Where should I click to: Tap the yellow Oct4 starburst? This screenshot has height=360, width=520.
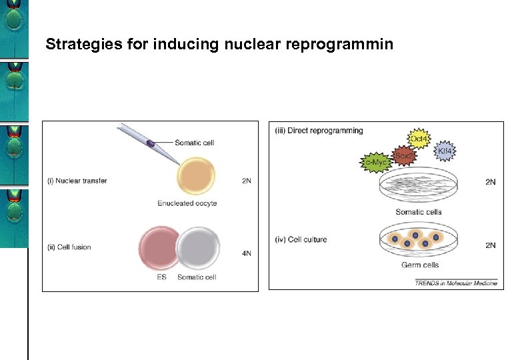coord(419,139)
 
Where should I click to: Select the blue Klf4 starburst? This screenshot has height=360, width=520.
coord(445,152)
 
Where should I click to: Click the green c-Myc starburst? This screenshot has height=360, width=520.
coord(374,162)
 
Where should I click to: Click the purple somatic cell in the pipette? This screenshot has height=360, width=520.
coord(151,143)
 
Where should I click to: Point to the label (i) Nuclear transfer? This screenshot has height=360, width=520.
coord(77,181)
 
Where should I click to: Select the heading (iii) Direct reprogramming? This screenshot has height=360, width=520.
coord(319,131)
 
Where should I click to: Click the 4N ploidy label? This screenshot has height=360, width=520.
coord(247,253)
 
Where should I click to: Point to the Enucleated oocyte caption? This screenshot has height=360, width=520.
coord(187,203)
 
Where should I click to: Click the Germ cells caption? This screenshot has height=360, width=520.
coord(419,265)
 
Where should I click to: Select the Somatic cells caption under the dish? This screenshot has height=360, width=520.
coord(419,212)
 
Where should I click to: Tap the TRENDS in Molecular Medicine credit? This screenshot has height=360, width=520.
coord(456,283)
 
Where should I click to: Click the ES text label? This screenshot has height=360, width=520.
coord(161,277)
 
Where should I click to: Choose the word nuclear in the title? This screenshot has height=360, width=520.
coord(233,45)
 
